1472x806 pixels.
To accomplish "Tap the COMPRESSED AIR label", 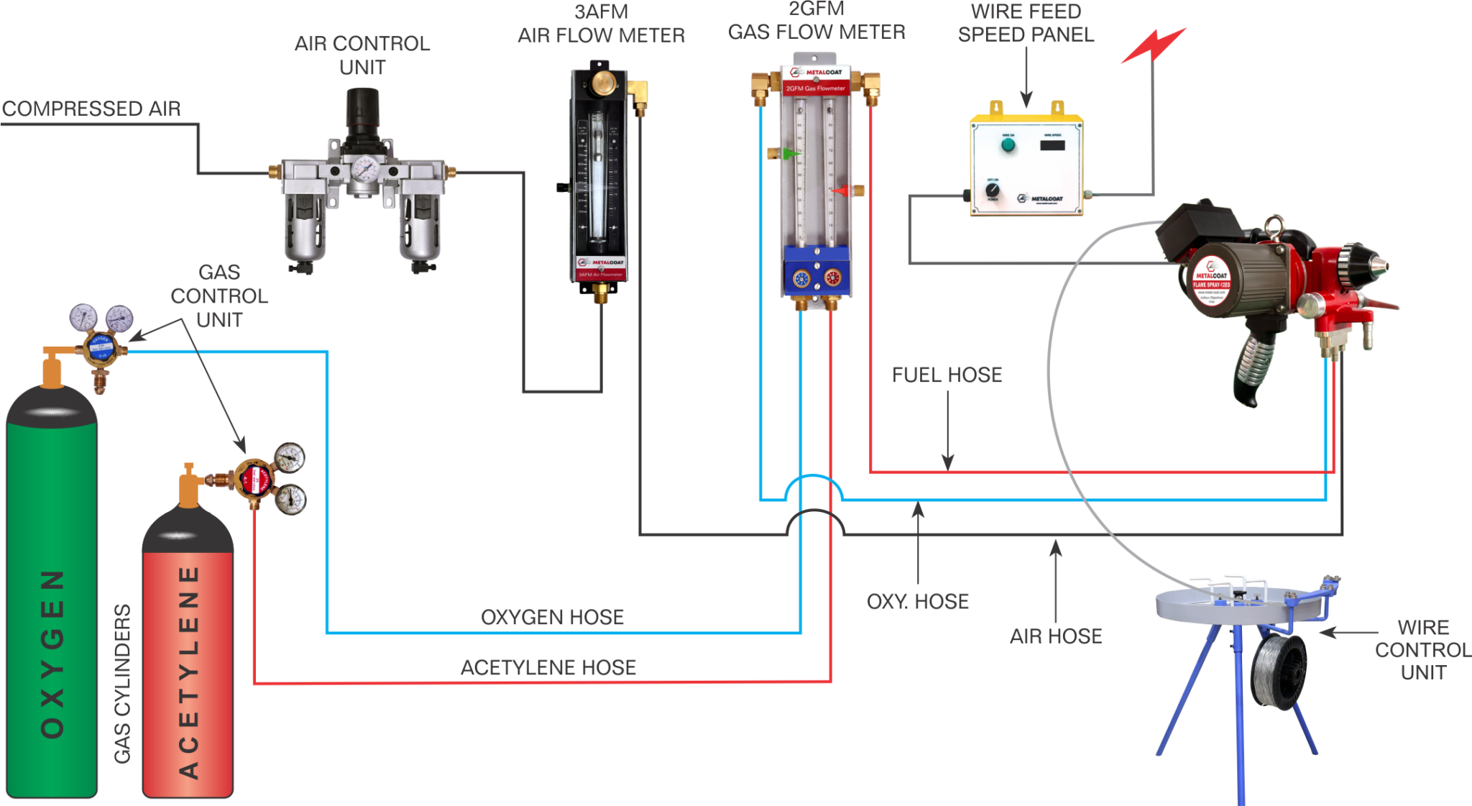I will click(x=91, y=109).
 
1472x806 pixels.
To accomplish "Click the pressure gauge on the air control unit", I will click(x=365, y=170).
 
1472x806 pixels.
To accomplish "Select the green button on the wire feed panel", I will click(x=1008, y=145).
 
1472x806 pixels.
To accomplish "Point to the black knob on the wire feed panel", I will click(x=992, y=190).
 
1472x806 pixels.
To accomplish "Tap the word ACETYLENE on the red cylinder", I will click(x=188, y=672).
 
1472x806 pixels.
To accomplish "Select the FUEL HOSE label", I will click(x=947, y=375).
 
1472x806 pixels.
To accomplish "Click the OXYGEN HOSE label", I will click(x=552, y=617).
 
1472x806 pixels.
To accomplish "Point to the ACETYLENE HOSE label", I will click(x=548, y=667).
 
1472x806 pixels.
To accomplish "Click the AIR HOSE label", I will click(x=1055, y=636).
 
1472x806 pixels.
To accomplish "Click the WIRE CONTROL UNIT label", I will click(x=1422, y=650).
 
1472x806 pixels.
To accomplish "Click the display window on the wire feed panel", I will click(x=1052, y=145).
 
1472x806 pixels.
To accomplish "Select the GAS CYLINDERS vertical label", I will click(x=123, y=683).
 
